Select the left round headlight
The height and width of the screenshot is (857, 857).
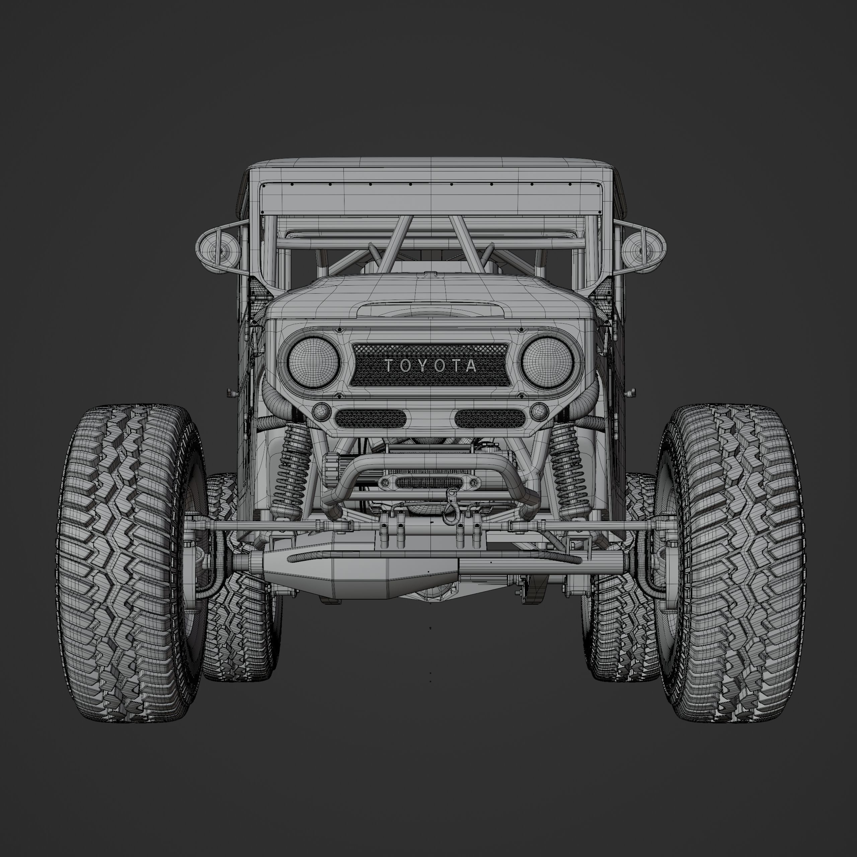tap(313, 360)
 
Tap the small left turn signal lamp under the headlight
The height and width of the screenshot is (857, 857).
tap(321, 412)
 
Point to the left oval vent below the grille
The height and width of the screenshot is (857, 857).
tap(370, 418)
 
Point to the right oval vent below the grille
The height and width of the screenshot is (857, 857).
tap(490, 418)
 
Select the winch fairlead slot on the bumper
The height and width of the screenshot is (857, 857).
tap(430, 482)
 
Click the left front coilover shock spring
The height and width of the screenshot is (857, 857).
tap(293, 470)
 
